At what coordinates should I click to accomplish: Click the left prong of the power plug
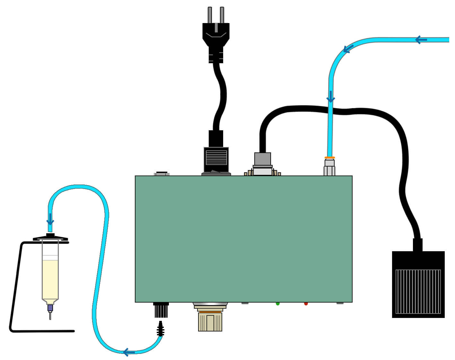pyautogui.click(x=210, y=15)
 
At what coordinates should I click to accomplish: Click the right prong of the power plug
pyautogui.click(x=222, y=15)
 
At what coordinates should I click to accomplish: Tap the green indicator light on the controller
pyautogui.click(x=278, y=304)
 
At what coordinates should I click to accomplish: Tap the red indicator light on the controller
pyautogui.click(x=306, y=304)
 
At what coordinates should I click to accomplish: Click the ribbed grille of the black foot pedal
pyautogui.click(x=418, y=291)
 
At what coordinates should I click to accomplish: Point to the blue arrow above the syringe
pyautogui.click(x=50, y=220)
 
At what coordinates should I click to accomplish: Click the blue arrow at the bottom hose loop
pyautogui.click(x=129, y=352)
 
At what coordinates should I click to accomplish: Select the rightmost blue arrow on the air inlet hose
pyautogui.click(x=421, y=40)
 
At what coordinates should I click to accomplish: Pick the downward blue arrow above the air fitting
pyautogui.click(x=331, y=97)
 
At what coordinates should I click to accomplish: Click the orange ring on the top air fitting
pyautogui.click(x=330, y=158)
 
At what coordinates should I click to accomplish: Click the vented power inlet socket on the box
pyautogui.click(x=216, y=159)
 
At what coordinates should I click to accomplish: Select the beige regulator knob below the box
pyautogui.click(x=210, y=321)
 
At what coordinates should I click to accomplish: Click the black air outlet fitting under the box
pyautogui.click(x=161, y=310)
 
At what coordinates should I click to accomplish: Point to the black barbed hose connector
pyautogui.click(x=161, y=329)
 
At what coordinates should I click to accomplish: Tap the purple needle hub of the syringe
pyautogui.click(x=50, y=308)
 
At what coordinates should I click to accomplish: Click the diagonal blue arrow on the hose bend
pyautogui.click(x=348, y=49)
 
